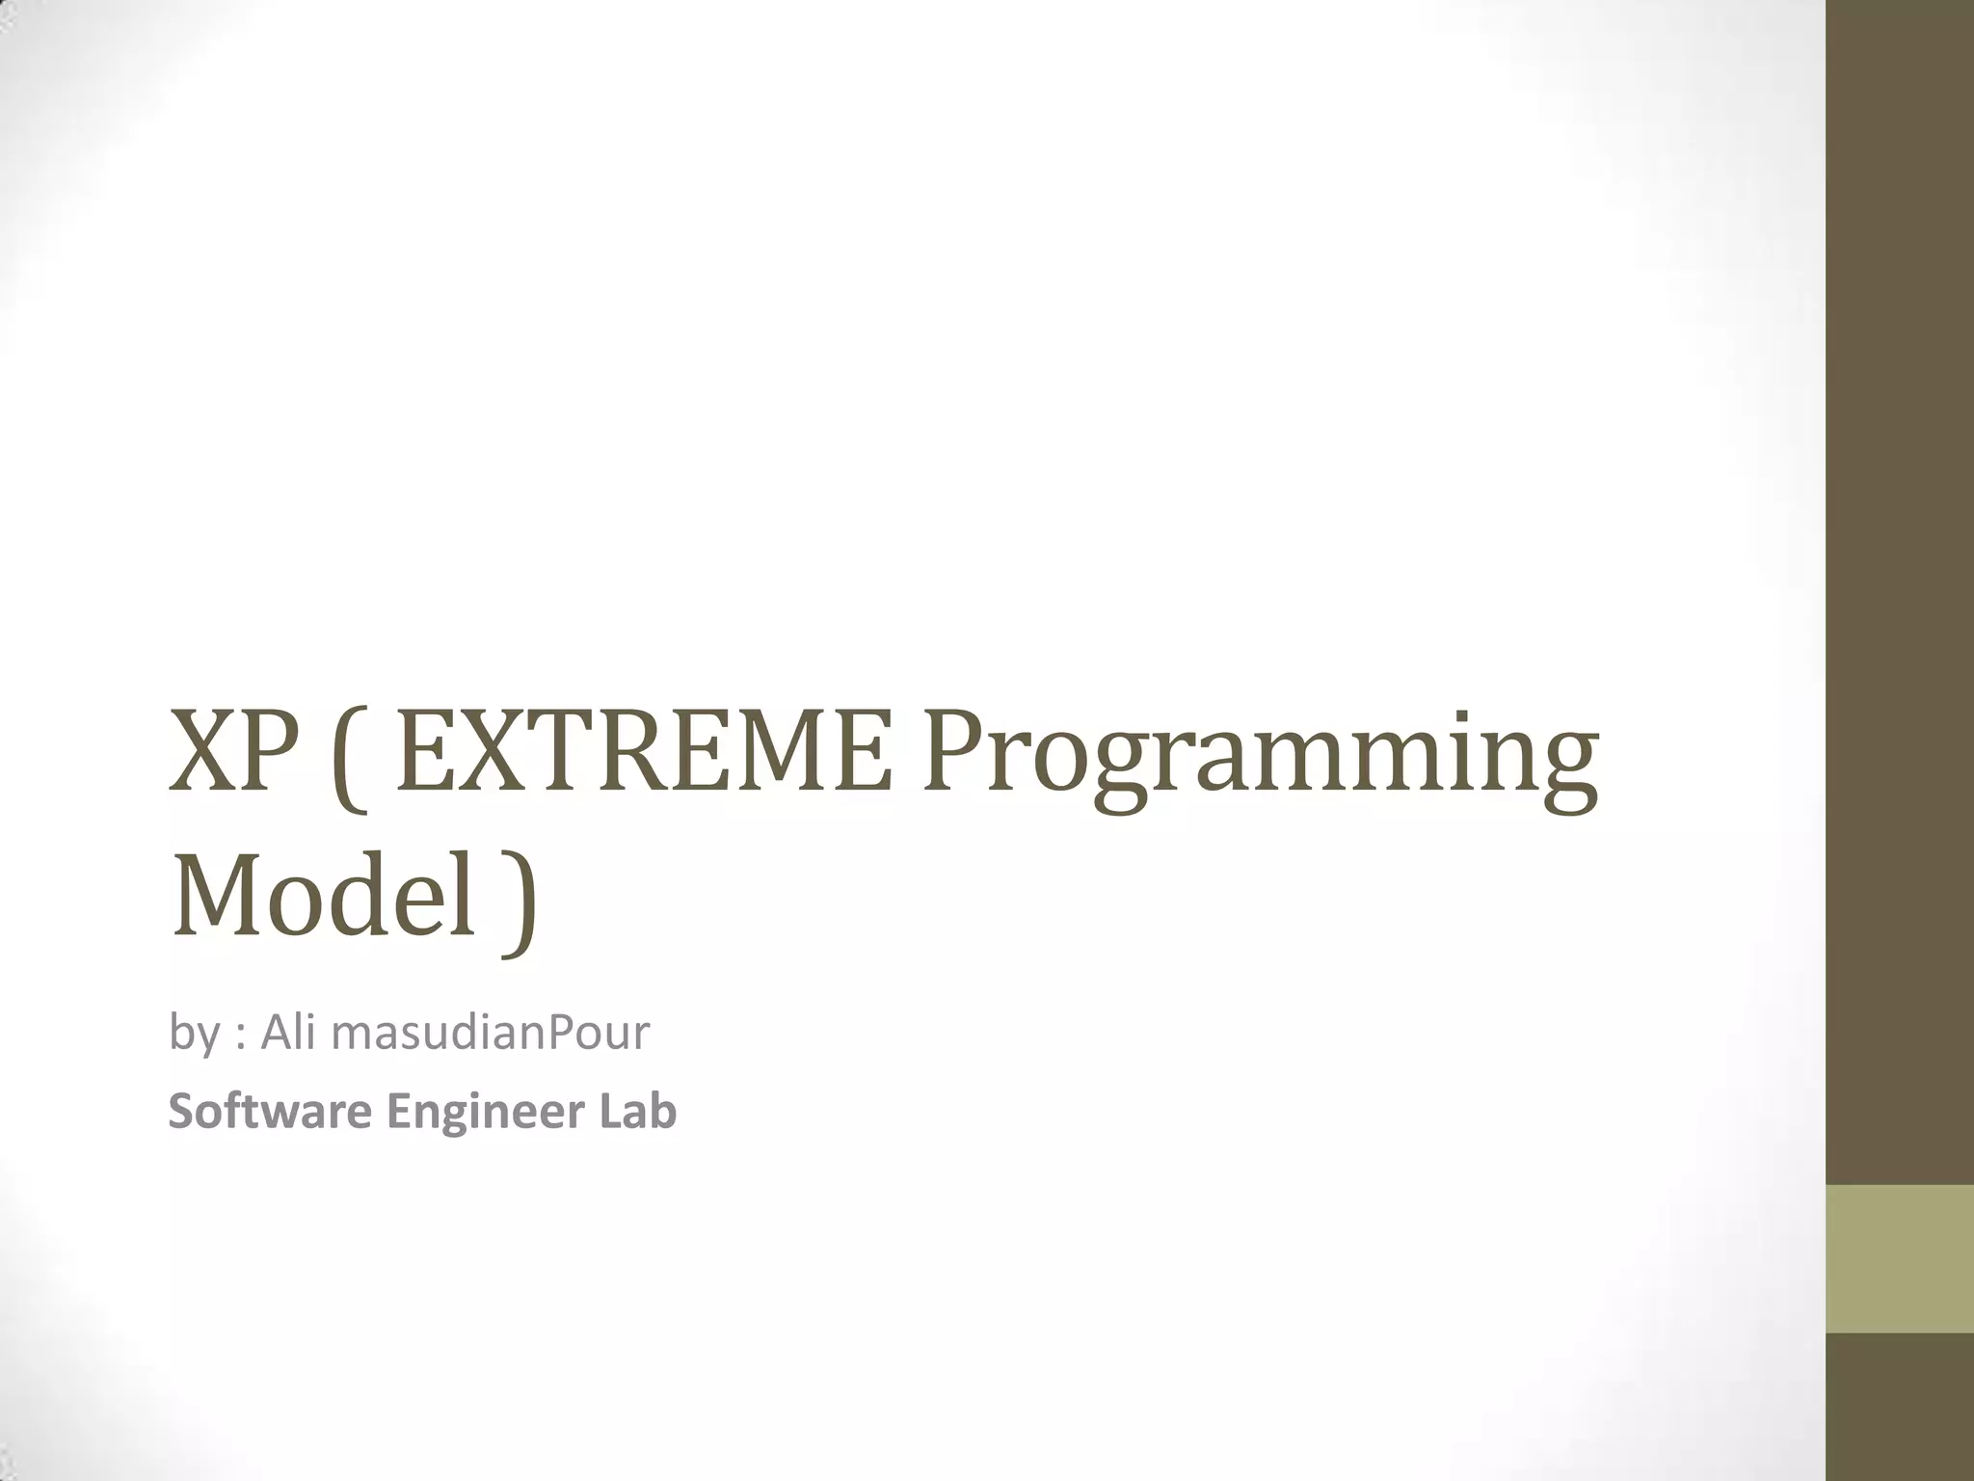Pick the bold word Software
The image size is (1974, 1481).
tap(270, 1111)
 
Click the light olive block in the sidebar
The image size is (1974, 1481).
tap(1900, 1258)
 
